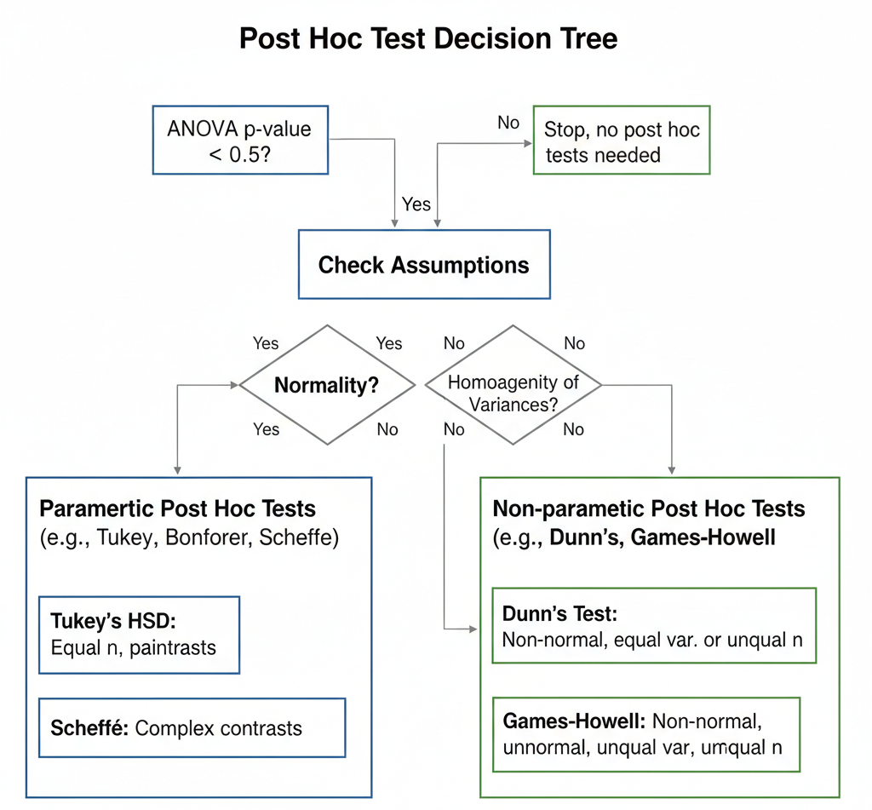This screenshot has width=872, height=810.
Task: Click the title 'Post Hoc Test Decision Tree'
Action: tap(428, 39)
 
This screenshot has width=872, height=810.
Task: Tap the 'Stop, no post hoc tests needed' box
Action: tap(621, 141)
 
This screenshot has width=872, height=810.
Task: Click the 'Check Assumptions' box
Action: tap(423, 264)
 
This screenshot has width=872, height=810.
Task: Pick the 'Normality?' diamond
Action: tap(326, 385)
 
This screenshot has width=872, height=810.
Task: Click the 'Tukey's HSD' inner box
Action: tap(139, 635)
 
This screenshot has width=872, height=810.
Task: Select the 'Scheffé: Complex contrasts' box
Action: tap(192, 728)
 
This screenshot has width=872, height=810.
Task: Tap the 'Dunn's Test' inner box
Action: tap(653, 625)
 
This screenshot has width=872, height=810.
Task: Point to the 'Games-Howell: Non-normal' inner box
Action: tap(646, 733)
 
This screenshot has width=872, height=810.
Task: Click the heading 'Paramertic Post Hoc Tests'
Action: tap(177, 509)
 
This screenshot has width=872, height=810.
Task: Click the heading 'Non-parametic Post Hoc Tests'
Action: tap(649, 509)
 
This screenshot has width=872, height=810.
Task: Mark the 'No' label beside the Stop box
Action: tap(508, 123)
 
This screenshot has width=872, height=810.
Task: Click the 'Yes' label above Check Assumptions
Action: tap(416, 204)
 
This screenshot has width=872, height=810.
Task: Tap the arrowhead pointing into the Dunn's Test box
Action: tap(473, 629)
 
